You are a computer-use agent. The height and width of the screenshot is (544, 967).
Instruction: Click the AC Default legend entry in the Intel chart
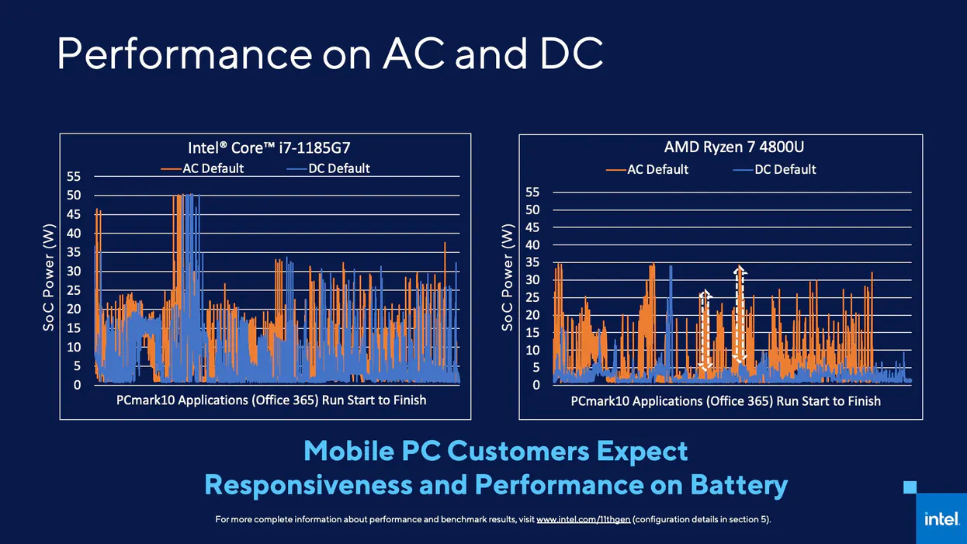click(203, 168)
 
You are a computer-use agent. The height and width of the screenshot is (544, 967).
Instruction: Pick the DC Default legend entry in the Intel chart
click(329, 168)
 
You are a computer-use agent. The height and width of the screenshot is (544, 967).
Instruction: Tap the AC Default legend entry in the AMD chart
click(648, 169)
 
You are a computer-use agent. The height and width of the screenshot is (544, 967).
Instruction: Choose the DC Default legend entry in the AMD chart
click(775, 169)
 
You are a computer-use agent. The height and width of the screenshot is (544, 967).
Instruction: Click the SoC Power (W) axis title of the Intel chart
click(48, 280)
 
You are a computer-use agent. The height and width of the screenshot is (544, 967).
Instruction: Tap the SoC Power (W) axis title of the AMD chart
click(508, 278)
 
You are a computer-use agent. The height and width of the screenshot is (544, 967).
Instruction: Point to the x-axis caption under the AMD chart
click(726, 401)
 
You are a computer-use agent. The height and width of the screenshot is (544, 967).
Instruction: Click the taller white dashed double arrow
click(740, 314)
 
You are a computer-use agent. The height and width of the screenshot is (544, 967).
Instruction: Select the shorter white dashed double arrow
click(705, 330)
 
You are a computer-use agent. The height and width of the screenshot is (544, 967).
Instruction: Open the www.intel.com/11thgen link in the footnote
click(583, 519)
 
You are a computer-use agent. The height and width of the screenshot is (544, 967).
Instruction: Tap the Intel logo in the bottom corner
click(941, 518)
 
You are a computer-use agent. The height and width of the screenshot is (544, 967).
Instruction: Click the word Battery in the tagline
click(738, 485)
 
